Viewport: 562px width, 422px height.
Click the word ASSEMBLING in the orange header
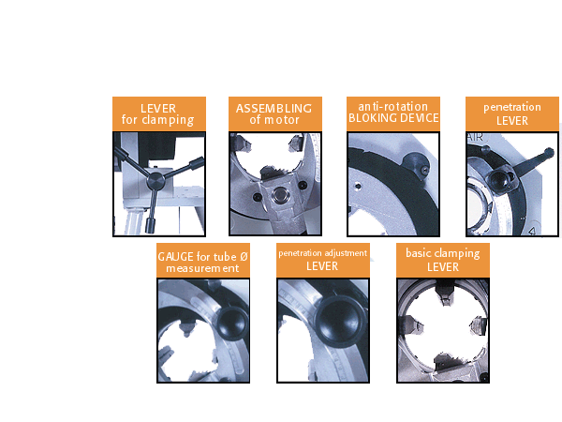(x=274, y=109)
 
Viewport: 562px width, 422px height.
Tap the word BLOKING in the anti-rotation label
(x=371, y=118)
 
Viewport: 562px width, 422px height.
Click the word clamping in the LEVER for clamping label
(x=168, y=120)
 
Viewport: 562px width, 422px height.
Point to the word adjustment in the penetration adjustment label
(x=345, y=253)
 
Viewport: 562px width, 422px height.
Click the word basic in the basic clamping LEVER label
(x=419, y=253)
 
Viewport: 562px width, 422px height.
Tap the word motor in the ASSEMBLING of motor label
(x=282, y=120)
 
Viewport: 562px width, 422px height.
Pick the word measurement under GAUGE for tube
(x=202, y=268)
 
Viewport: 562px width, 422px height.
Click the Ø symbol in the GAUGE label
(x=244, y=257)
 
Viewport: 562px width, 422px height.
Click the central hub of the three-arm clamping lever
(x=155, y=180)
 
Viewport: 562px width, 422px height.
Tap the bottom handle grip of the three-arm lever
(x=150, y=225)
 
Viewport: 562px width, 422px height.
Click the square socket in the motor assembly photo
(x=277, y=196)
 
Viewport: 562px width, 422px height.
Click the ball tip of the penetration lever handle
(x=549, y=152)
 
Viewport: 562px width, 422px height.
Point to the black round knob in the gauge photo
(x=232, y=324)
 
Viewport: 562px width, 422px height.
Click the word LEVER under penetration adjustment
(x=322, y=266)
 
